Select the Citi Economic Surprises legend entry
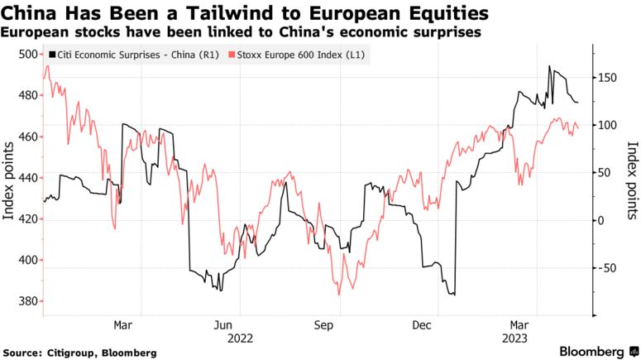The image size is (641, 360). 133,55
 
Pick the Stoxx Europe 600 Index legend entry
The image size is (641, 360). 299,55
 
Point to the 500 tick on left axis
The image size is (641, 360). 27,55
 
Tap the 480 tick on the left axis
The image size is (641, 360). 27,95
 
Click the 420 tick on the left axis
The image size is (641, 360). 27,219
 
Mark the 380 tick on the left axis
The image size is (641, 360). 27,301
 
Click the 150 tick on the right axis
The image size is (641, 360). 608,77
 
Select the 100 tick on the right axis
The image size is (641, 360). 608,125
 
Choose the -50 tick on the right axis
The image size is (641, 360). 608,267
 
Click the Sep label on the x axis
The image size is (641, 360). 324,324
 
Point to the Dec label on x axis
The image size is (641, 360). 422,324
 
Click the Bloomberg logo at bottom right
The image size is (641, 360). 593,351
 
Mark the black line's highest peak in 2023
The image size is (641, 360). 550,67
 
